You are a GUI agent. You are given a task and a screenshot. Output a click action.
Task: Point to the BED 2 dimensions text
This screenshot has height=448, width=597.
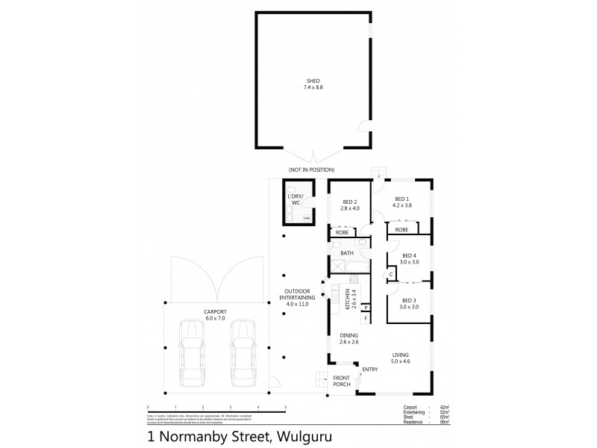pos(351,208)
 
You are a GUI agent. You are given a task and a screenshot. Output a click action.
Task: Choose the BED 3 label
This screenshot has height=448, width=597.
pos(407,300)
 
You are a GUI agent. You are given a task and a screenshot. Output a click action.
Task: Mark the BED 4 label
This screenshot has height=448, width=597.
pos(407,258)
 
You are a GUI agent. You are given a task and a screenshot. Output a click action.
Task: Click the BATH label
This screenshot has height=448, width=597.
pos(347,253)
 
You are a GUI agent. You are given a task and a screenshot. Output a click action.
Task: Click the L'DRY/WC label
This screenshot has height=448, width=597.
pos(297,199)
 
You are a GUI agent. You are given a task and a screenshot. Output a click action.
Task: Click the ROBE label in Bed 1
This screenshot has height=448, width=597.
pos(401,231)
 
